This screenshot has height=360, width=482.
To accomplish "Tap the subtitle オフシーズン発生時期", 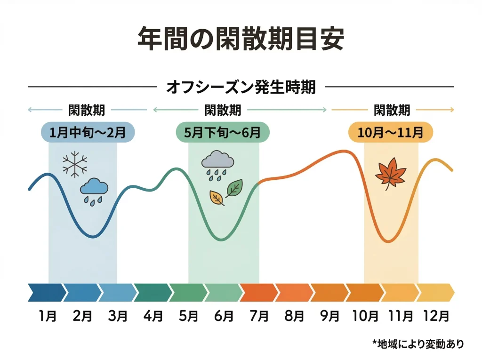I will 241,87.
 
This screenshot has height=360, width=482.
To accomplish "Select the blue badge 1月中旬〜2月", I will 88,132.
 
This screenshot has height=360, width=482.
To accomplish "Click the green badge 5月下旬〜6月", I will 223,132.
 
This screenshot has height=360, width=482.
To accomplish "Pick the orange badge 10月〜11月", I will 390,132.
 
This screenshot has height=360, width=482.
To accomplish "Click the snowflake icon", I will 75,165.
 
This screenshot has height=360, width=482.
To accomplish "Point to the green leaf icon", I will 234,188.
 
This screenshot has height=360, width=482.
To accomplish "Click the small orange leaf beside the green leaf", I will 217,198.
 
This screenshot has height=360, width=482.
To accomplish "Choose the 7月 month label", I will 258,316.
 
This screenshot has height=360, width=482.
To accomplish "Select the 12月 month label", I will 436,316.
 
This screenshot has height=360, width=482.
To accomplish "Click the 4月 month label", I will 153,316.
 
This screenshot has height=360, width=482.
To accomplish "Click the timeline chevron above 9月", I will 328,292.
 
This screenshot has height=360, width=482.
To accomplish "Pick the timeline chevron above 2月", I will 81,292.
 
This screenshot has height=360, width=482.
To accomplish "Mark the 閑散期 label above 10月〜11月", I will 392,110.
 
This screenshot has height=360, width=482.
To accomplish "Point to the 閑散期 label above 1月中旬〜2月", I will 87,110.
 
